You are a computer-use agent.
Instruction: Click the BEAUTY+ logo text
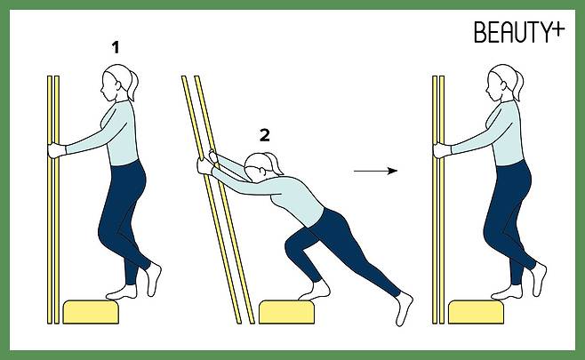pyautogui.click(x=519, y=32)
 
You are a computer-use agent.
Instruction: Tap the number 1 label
pyautogui.click(x=116, y=47)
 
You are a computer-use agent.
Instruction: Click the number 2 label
pyautogui.click(x=265, y=135)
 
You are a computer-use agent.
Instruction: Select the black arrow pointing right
pyautogui.click(x=376, y=172)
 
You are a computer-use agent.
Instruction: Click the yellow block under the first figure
pyautogui.click(x=91, y=312)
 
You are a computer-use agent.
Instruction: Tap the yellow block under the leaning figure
pyautogui.click(x=286, y=312)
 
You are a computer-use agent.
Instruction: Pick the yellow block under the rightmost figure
pyautogui.click(x=476, y=312)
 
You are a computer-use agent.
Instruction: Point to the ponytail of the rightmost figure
pyautogui.click(x=518, y=86)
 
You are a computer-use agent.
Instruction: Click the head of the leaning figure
pyautogui.click(x=257, y=168)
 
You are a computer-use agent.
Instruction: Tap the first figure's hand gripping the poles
pyautogui.click(x=57, y=150)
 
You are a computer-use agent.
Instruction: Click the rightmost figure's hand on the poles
pyautogui.click(x=442, y=150)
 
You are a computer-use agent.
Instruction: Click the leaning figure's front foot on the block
pyautogui.click(x=315, y=291)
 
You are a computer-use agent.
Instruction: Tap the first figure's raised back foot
pyautogui.click(x=153, y=279)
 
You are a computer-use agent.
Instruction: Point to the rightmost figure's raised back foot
pyautogui.click(x=539, y=279)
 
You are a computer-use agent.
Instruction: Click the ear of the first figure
pyautogui.click(x=118, y=85)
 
